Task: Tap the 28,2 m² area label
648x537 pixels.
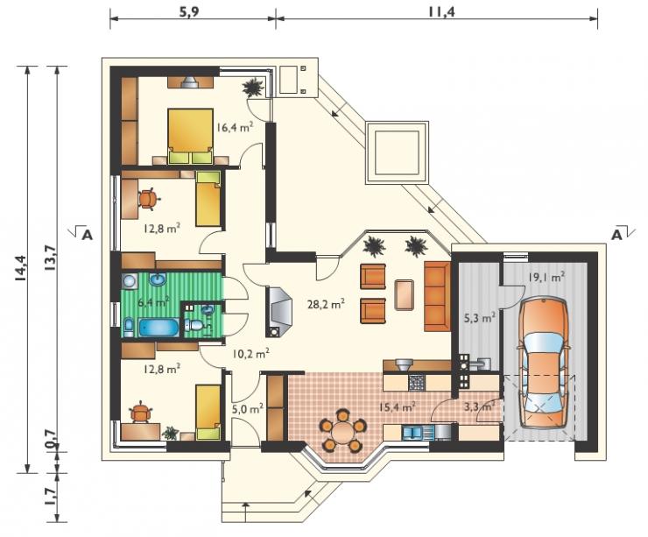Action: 326,304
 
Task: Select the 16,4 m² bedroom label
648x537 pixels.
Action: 236,126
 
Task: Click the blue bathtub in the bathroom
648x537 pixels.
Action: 159,327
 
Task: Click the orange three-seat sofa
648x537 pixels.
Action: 437,296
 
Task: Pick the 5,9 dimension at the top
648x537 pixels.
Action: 189,11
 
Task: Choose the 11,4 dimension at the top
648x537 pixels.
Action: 441,11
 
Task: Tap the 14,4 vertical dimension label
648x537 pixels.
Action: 21,269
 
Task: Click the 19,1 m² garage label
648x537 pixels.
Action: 546,277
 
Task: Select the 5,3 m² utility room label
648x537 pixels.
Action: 478,318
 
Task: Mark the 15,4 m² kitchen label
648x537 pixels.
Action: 398,406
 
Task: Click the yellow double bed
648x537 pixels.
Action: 191,137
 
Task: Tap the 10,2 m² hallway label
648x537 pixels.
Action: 250,354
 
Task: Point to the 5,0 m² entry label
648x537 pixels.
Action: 247,409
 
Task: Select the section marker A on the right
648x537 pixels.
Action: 616,235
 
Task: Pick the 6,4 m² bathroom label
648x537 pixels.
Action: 153,302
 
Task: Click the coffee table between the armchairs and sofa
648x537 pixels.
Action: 404,294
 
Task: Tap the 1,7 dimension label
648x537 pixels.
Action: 51,496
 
